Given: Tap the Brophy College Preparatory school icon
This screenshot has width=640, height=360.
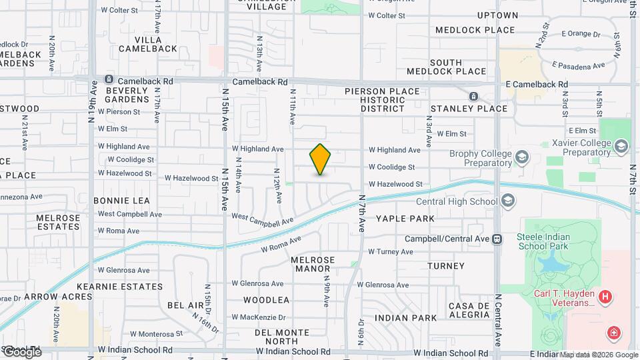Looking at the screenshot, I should tap(521, 158).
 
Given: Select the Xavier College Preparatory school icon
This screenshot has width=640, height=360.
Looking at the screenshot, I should tap(621, 146).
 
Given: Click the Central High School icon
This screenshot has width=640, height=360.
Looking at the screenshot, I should tap(508, 201).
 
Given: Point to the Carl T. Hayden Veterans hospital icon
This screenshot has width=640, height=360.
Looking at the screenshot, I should tap(605, 297).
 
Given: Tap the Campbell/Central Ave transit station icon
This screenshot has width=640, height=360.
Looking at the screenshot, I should tap(497, 239).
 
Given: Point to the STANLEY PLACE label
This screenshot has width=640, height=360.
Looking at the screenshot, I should tap(469, 108).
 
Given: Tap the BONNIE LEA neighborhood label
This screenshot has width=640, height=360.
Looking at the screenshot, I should tap(121, 200).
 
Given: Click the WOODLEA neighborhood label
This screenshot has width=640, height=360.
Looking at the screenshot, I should tap(266, 300).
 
